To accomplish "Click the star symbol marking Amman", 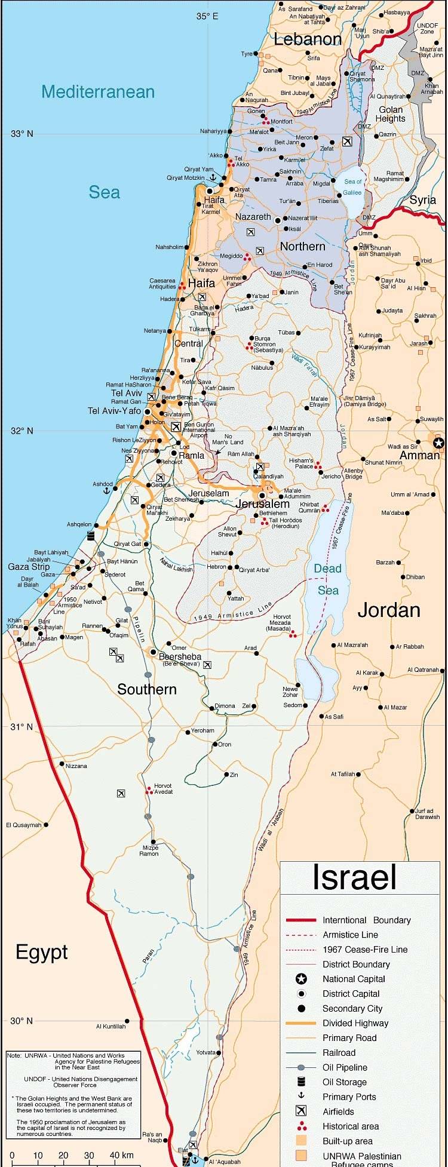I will tap(439, 443).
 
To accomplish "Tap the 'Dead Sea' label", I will tap(327, 579).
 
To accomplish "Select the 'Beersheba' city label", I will tap(180, 656).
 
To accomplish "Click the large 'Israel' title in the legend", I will tap(354, 877).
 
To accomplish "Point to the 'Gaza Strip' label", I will tap(29, 566).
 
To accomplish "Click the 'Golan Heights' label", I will tap(391, 114).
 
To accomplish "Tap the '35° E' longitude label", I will tap(207, 16).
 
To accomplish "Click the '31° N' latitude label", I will tap(22, 727).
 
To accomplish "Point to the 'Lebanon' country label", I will tap(308, 39).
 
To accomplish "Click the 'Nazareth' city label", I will tap(253, 217).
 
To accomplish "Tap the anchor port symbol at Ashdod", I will tap(107, 490).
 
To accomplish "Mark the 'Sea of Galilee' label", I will tap(352, 187).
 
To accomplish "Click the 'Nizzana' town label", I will tap(76, 766).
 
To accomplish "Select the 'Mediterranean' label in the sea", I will tap(98, 92).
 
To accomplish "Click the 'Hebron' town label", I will tap(216, 567).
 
